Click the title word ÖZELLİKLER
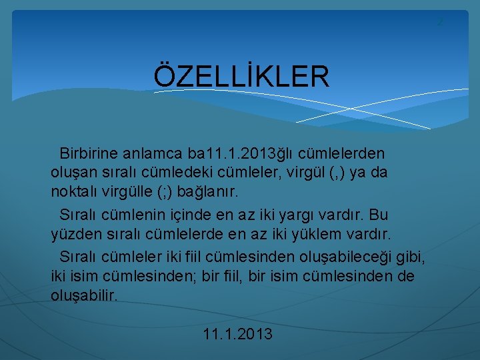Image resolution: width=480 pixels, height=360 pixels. (241, 77)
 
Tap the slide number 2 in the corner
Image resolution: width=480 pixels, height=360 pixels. (439, 23)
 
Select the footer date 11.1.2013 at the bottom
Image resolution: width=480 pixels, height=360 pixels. (238, 334)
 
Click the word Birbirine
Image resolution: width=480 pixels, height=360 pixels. (89, 153)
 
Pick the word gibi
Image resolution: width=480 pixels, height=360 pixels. (412, 257)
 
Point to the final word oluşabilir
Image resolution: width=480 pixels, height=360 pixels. (84, 295)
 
